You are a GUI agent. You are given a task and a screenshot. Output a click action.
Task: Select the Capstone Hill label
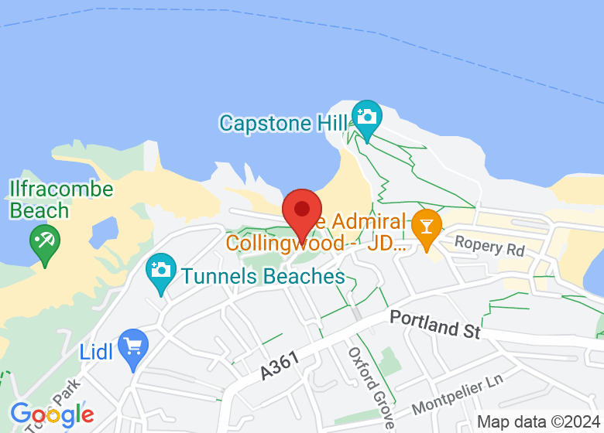point(283,123)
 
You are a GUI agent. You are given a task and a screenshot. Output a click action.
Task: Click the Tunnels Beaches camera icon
point(161,271)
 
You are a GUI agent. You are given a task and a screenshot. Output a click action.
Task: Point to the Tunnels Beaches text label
point(263,276)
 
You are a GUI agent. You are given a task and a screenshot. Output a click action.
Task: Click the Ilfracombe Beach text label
point(61,199)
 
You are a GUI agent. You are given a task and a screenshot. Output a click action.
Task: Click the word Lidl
point(97,352)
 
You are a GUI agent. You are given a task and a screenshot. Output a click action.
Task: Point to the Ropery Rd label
point(489,246)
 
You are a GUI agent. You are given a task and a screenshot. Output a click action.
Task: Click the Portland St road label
point(435,324)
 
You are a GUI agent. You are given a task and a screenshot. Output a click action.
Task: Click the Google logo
point(52,414)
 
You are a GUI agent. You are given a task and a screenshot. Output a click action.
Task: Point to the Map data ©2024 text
point(539,422)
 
